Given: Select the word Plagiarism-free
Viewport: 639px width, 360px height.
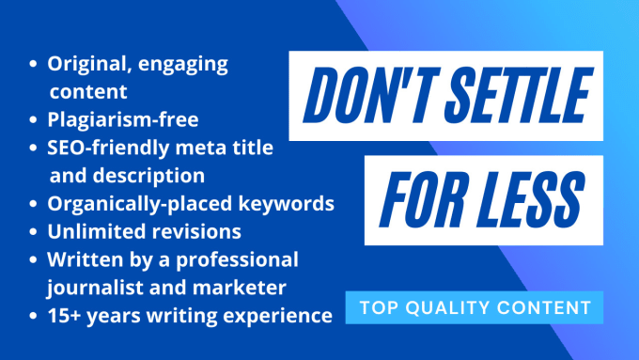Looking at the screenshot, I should coord(123,120).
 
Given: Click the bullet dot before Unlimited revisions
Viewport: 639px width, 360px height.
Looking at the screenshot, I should coord(34,231).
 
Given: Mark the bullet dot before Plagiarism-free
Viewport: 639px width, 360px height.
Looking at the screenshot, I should coord(34,120).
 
